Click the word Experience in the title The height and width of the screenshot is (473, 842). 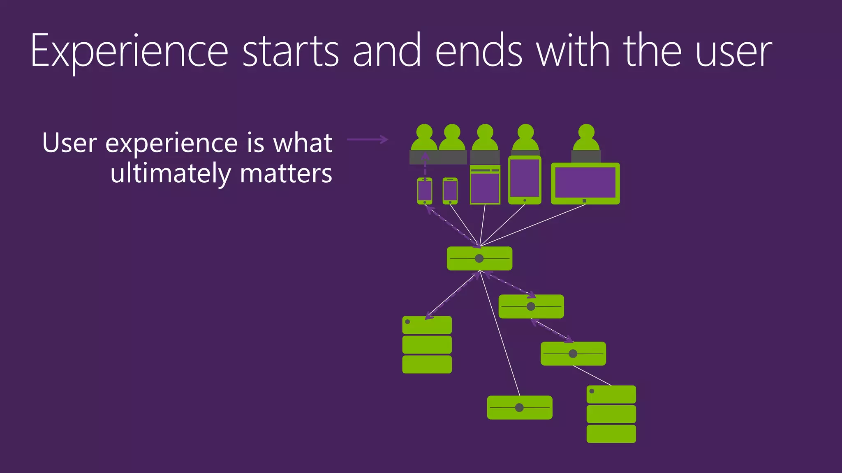tap(129, 52)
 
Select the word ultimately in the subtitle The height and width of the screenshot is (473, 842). tap(171, 173)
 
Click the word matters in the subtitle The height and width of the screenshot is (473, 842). tap(286, 173)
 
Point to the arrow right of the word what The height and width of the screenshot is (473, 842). tap(367, 140)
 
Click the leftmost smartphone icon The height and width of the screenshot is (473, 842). tap(425, 191)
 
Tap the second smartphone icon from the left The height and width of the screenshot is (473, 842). tap(450, 191)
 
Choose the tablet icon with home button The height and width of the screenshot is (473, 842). tap(525, 180)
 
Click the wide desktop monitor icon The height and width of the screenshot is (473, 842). tap(585, 184)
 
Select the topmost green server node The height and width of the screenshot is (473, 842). tap(479, 258)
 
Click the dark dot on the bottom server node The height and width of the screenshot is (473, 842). tap(519, 407)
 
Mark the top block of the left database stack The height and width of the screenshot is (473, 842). tap(427, 325)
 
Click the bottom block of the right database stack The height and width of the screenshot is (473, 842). tap(611, 434)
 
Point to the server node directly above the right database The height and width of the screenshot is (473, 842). tap(573, 354)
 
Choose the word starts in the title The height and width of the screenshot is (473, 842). tap(291, 52)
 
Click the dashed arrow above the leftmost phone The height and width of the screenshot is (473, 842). tap(425, 166)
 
